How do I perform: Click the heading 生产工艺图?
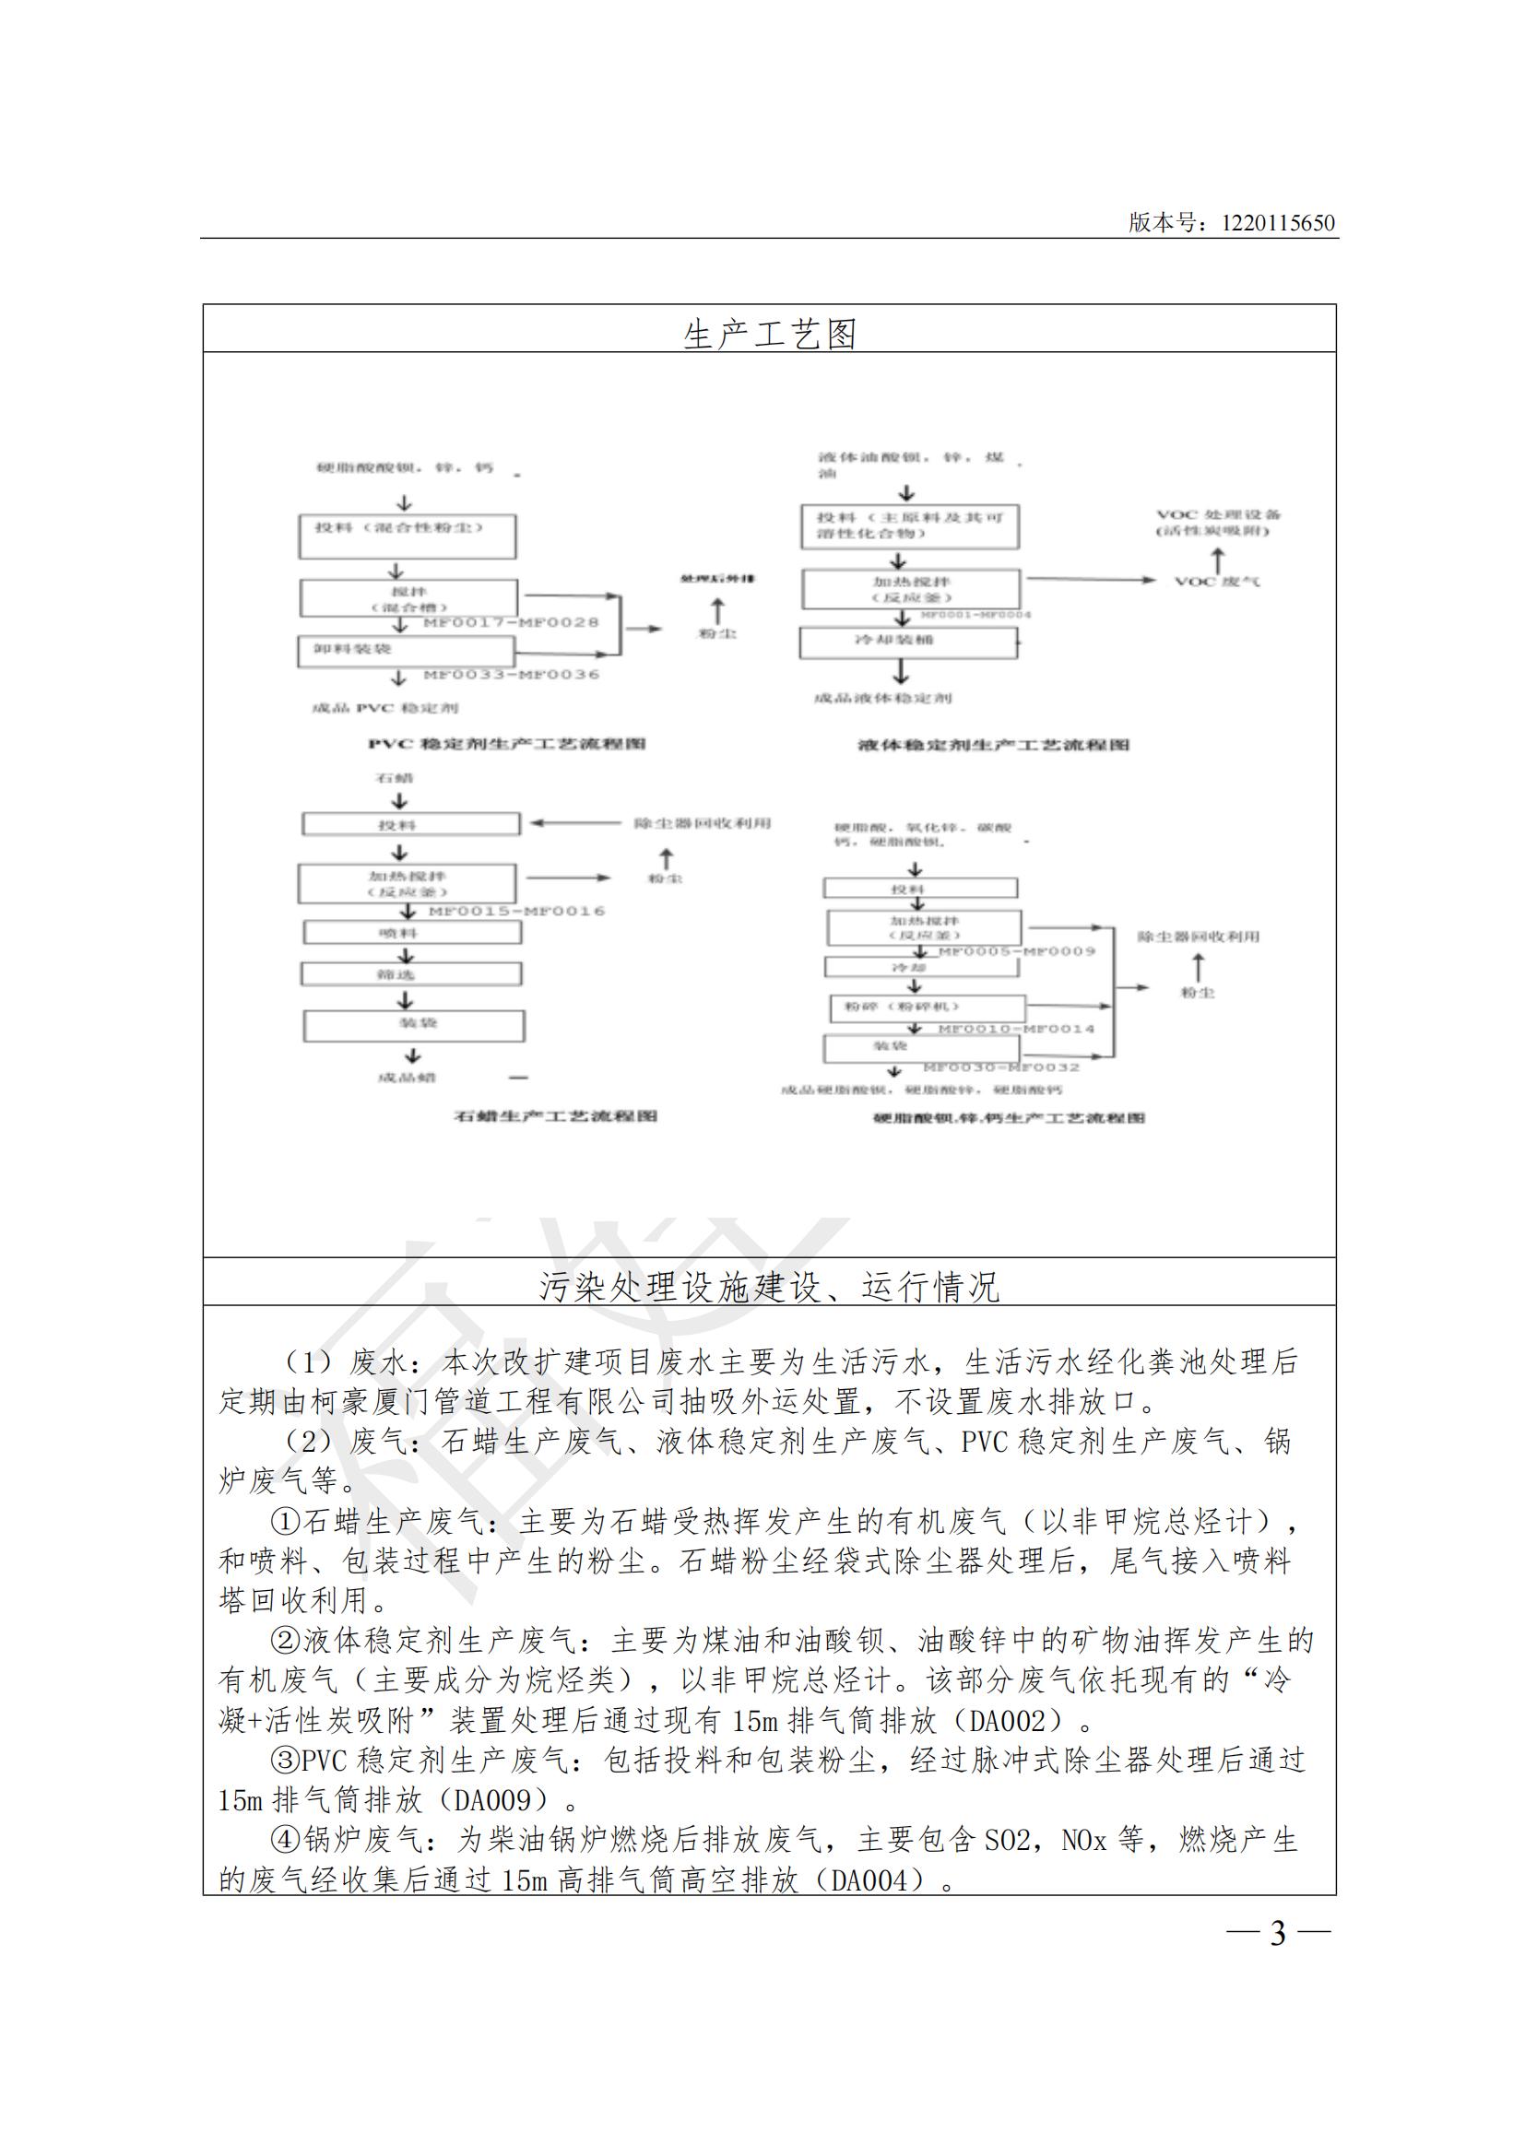769,334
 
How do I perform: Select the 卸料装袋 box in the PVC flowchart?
407,651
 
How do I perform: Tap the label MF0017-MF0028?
511,622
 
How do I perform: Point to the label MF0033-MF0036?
511,674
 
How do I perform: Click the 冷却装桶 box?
907,642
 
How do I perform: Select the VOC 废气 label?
1217,583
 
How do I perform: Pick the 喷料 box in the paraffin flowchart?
411,933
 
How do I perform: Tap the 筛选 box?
411,974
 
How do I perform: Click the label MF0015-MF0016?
516,911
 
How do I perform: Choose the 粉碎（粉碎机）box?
927,1008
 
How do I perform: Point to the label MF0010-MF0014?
1016,1030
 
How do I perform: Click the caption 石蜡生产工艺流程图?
555,1116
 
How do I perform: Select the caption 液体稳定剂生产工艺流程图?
994,746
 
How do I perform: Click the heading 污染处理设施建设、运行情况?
769,1288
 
